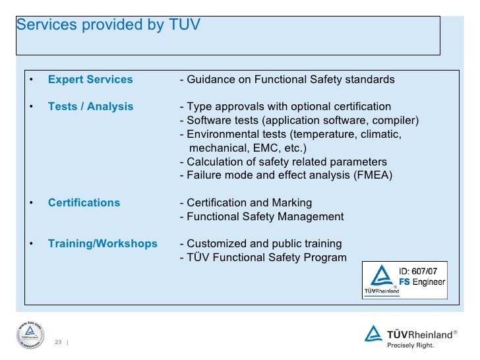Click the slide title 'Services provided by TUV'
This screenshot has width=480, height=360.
pos(108,25)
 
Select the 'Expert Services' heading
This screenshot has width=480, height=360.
pos(90,80)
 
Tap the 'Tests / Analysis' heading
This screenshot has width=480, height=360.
pos(90,107)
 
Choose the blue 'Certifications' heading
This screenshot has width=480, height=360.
pos(84,202)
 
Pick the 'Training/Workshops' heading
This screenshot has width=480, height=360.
pos(103,243)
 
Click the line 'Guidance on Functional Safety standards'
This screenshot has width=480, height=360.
pos(287,80)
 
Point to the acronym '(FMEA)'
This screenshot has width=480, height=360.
pos(371,175)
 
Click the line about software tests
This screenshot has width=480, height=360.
pos(299,121)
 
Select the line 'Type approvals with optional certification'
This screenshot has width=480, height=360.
pos(285,107)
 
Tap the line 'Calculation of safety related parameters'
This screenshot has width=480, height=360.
pos(283,162)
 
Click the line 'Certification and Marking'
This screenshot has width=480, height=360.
pos(245,202)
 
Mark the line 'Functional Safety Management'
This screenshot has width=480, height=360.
pos(261,216)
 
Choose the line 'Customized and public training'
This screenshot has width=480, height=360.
pos(260,243)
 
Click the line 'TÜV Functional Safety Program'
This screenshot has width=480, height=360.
pos(262,257)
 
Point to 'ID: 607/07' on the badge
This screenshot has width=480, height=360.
pos(422,271)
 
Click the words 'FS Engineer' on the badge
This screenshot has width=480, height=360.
pos(422,282)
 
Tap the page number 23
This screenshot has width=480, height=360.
pos(58,342)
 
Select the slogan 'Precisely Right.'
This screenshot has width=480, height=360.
pos(410,344)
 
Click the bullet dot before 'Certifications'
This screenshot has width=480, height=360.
pos(30,202)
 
